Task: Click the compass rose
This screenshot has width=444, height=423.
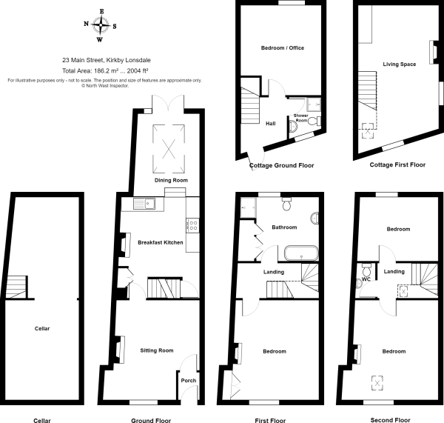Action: click(101, 25)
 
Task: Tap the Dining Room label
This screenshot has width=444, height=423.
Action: click(171, 180)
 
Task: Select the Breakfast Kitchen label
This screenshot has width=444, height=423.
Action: click(161, 242)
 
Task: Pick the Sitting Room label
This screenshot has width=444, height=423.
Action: click(156, 350)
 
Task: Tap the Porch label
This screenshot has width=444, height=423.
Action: click(188, 382)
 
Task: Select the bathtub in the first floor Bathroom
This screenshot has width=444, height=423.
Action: click(300, 253)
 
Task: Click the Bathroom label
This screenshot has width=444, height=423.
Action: click(283, 227)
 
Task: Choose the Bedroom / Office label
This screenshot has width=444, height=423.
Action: click(283, 47)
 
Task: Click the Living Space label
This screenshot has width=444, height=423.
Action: click(400, 64)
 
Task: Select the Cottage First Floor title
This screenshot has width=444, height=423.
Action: click(397, 165)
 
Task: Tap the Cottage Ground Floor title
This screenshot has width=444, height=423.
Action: click(281, 165)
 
